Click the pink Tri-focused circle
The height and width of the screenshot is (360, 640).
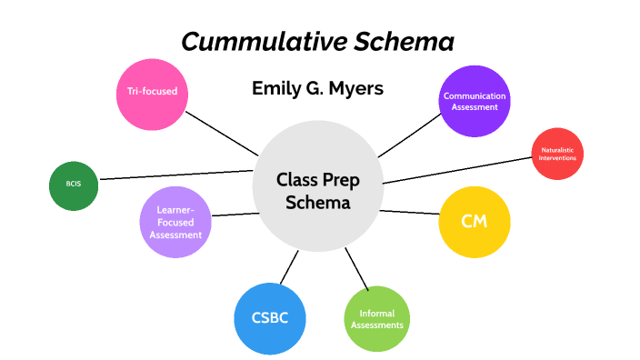tap(152, 92)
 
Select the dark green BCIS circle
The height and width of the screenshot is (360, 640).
tap(73, 185)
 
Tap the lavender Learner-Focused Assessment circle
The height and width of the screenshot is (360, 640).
tap(176, 222)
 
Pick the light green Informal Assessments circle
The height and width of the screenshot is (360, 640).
tap(377, 319)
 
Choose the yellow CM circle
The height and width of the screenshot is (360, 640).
tap(474, 222)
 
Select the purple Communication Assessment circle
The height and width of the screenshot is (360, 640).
tap(475, 101)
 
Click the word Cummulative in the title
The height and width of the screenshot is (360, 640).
tap(248, 42)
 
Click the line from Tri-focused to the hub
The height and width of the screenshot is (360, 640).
tap(222, 134)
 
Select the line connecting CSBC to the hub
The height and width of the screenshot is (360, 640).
tap(289, 266)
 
